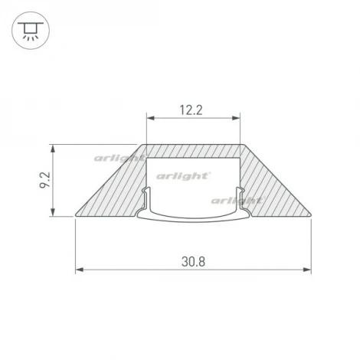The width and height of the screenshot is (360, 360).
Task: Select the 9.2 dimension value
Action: point(44,182)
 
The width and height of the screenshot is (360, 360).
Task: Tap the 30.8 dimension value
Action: point(192,260)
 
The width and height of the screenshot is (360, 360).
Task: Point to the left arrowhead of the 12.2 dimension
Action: point(150,119)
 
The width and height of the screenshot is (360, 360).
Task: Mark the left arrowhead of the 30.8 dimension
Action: point(79,270)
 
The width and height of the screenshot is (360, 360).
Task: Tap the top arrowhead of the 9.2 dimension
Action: point(53,147)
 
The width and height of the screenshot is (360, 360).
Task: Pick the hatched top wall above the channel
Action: point(193,150)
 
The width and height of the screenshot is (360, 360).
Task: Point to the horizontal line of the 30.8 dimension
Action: point(138,270)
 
